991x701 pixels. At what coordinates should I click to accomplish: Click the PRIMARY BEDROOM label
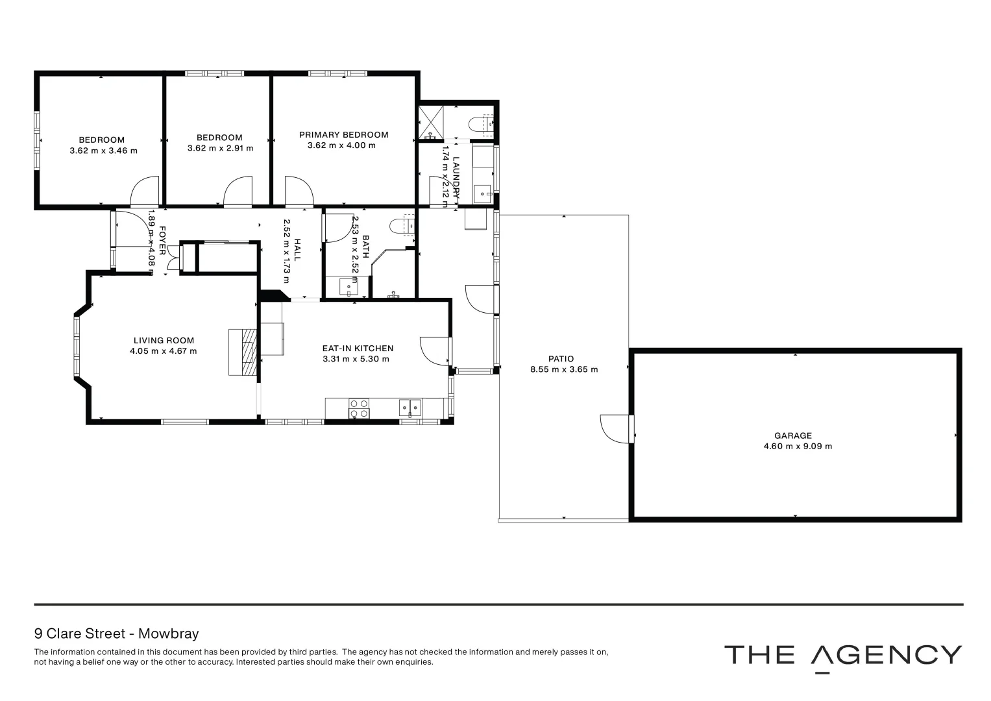(343, 135)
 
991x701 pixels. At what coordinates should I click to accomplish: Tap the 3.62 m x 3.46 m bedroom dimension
(103, 151)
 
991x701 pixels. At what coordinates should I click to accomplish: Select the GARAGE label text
(792, 436)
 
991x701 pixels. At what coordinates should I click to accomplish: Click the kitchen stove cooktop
(359, 408)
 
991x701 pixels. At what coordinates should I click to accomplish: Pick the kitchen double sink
(410, 407)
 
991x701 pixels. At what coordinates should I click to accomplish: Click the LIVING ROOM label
(164, 340)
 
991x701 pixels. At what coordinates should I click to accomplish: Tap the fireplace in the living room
(243, 352)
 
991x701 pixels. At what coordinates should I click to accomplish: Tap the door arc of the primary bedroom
(299, 191)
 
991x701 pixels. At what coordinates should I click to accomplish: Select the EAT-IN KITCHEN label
(358, 349)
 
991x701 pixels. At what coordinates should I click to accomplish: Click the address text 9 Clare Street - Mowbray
(116, 633)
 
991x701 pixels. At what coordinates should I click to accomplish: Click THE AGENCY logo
(842, 656)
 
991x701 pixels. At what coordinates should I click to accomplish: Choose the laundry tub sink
(483, 193)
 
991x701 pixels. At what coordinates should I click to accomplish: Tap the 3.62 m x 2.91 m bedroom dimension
(220, 148)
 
